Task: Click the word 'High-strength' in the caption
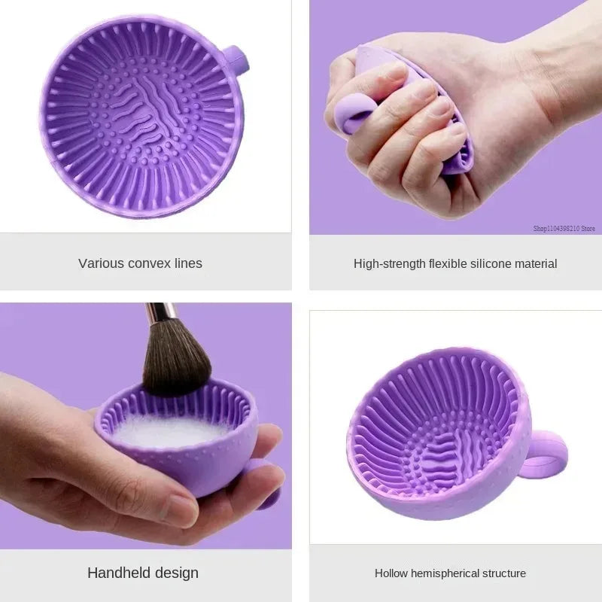tap(389, 263)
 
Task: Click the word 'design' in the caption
tap(178, 573)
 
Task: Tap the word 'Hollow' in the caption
tap(392, 573)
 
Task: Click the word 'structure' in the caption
tap(503, 573)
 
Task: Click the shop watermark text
tap(564, 228)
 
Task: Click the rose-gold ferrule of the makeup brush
tap(160, 310)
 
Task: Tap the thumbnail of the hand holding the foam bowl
tap(181, 511)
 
